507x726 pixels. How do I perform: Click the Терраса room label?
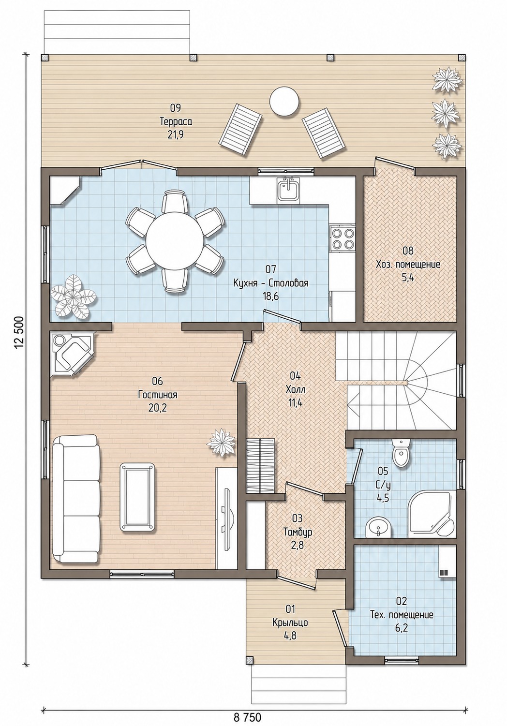[176, 121]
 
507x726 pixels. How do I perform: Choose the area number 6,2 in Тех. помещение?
[402, 628]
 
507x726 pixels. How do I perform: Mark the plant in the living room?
[222, 443]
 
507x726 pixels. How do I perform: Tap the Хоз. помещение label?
[408, 264]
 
